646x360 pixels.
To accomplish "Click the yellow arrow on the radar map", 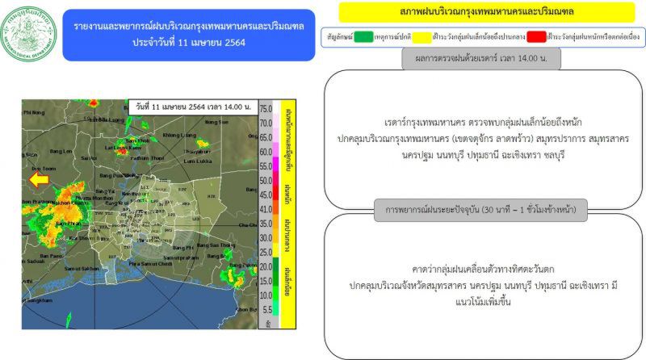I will point(38,178).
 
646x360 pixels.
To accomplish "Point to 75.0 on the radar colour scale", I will point(266,108).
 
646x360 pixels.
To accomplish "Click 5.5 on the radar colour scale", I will point(266,308).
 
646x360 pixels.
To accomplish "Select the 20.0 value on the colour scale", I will point(266,266).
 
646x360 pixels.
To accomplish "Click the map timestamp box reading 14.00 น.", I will point(192,107).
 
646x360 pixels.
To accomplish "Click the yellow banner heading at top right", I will point(480,12).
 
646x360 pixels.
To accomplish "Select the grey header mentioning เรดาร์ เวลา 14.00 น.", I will point(480,58).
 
